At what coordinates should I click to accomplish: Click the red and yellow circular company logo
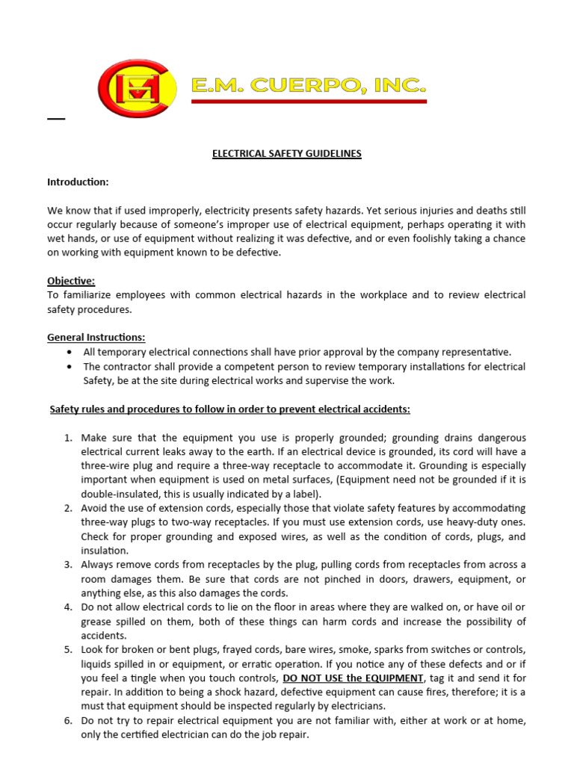(138, 88)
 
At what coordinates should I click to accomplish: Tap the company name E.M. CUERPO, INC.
(309, 87)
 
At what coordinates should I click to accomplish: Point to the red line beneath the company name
(309, 102)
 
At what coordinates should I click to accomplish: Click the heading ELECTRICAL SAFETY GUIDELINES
(286, 154)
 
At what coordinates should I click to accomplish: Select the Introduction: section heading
(78, 182)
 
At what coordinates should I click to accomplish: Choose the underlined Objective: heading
(71, 281)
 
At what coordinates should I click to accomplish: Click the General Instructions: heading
(96, 338)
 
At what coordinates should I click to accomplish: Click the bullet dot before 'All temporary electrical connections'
(70, 352)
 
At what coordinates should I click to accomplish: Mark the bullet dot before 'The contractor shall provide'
(70, 367)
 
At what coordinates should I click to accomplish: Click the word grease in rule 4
(97, 622)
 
